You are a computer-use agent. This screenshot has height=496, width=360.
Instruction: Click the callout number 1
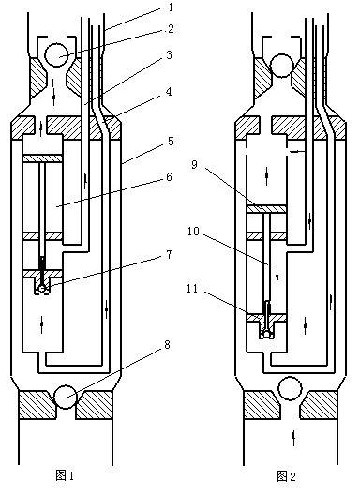click(x=171, y=7)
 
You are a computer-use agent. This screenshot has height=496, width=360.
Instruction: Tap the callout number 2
click(x=171, y=29)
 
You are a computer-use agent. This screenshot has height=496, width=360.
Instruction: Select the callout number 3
click(x=170, y=54)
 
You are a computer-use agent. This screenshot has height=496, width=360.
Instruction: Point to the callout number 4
click(x=170, y=92)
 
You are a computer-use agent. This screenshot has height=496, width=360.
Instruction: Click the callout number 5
click(x=171, y=141)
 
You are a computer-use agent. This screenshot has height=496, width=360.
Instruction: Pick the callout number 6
click(x=170, y=177)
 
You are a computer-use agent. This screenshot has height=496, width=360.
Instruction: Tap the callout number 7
click(x=170, y=255)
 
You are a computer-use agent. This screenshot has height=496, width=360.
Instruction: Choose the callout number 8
click(x=167, y=344)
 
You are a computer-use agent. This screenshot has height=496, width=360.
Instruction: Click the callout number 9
click(x=195, y=164)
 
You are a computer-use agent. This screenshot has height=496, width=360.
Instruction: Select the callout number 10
click(x=193, y=232)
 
